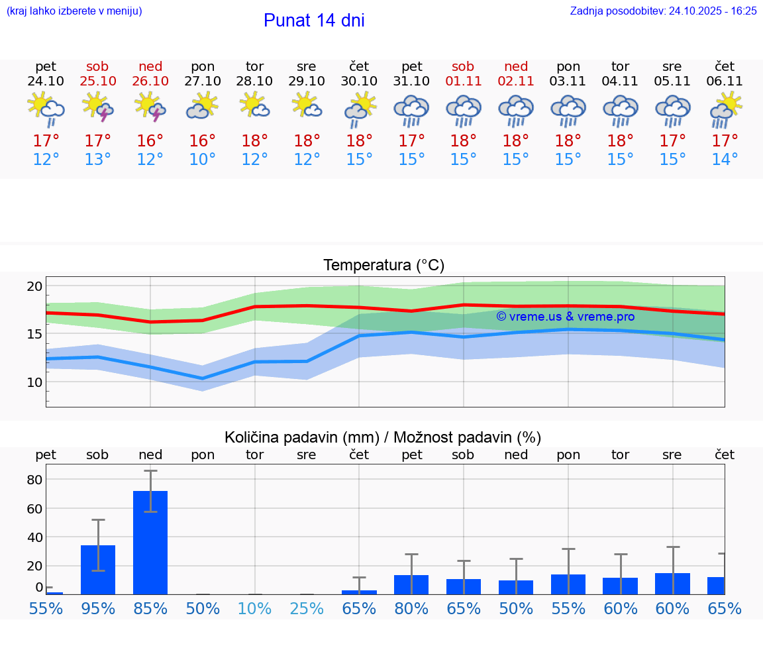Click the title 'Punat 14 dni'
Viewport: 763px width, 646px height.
[x=314, y=21]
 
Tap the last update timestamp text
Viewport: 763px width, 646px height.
[x=663, y=11]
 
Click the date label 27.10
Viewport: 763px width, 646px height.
[x=202, y=81]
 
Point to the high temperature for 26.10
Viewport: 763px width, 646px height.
[x=150, y=141]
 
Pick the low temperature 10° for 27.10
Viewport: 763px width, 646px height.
[x=202, y=160]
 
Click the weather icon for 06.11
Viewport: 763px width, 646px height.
[x=725, y=109]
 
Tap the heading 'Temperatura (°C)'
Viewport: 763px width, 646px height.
[x=383, y=266]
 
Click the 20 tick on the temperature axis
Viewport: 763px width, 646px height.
[x=34, y=286]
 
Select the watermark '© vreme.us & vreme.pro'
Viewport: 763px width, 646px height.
[x=565, y=317]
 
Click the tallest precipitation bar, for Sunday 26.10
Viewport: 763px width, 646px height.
[x=150, y=542]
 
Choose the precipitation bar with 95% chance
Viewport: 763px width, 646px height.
[x=98, y=570]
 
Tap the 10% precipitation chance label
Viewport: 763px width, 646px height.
[x=255, y=608]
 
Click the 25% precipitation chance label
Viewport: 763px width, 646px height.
[x=307, y=608]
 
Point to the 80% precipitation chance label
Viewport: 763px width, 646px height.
[x=411, y=608]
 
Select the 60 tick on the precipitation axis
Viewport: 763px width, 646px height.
[x=34, y=508]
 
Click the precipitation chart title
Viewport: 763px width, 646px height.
[x=383, y=437]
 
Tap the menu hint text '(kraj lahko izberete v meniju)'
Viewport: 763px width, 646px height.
[x=74, y=11]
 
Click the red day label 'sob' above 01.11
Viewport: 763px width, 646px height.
[x=463, y=66]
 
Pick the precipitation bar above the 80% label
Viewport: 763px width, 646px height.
[x=411, y=584]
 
